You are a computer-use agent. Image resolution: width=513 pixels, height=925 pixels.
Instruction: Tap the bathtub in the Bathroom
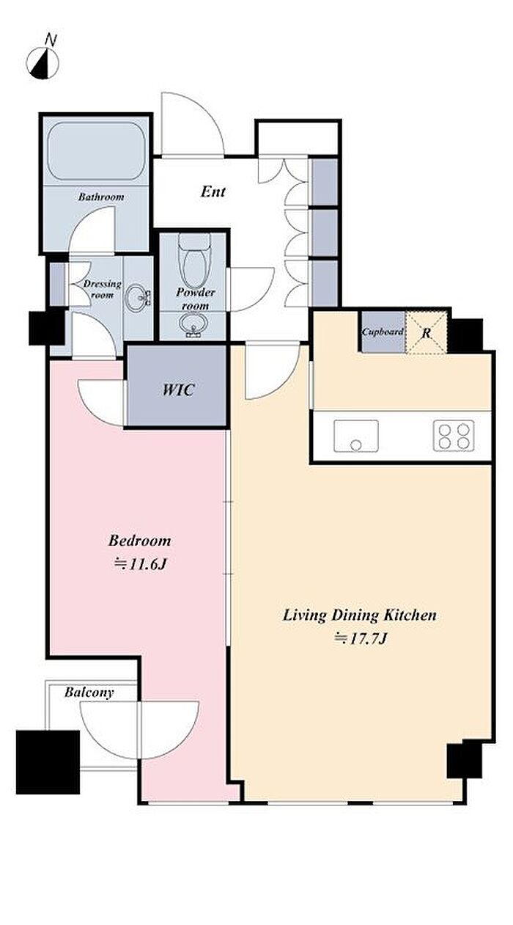[x=97, y=150]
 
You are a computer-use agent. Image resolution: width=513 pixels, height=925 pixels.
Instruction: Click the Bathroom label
[x=101, y=197]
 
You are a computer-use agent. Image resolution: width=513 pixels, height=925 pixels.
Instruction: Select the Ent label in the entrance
[x=213, y=191]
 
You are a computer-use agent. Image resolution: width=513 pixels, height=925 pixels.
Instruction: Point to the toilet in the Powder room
[x=195, y=260]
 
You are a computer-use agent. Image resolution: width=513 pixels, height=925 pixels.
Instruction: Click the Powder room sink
[x=193, y=325]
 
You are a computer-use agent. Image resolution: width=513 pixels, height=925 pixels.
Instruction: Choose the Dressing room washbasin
[x=139, y=297]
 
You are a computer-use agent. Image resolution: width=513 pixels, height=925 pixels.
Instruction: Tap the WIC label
[x=178, y=390]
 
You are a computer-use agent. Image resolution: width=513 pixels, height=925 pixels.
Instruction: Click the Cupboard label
[x=383, y=332]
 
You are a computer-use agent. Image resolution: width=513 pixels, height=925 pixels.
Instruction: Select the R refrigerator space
[x=427, y=332]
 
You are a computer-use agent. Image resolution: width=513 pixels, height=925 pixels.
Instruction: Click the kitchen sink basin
[x=356, y=436]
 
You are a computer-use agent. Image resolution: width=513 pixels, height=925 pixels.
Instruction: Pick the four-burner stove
[x=454, y=436]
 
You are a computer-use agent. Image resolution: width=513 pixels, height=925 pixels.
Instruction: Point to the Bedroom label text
[x=139, y=541]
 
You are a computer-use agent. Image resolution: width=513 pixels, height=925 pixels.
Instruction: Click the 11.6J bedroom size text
[x=140, y=565]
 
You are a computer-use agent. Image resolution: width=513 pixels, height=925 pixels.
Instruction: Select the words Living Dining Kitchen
[x=359, y=615]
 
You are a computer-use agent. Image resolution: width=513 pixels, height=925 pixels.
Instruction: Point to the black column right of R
[x=465, y=335]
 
